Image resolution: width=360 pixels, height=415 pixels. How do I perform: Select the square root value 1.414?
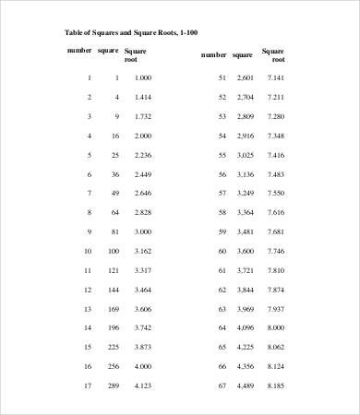[x=142, y=97]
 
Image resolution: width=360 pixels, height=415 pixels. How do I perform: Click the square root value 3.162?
[x=142, y=250]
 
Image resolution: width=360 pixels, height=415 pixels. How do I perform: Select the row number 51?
[x=222, y=77]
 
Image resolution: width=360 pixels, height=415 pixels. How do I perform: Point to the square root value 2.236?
[x=142, y=154]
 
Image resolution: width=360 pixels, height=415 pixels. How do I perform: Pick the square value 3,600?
[x=244, y=250]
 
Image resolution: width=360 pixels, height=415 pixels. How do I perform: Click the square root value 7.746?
[x=275, y=250]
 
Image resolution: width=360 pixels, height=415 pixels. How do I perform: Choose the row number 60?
[x=222, y=250]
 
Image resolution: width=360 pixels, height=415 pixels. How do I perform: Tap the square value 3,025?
[x=244, y=154]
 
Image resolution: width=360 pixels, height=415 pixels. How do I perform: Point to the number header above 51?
[x=213, y=55]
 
